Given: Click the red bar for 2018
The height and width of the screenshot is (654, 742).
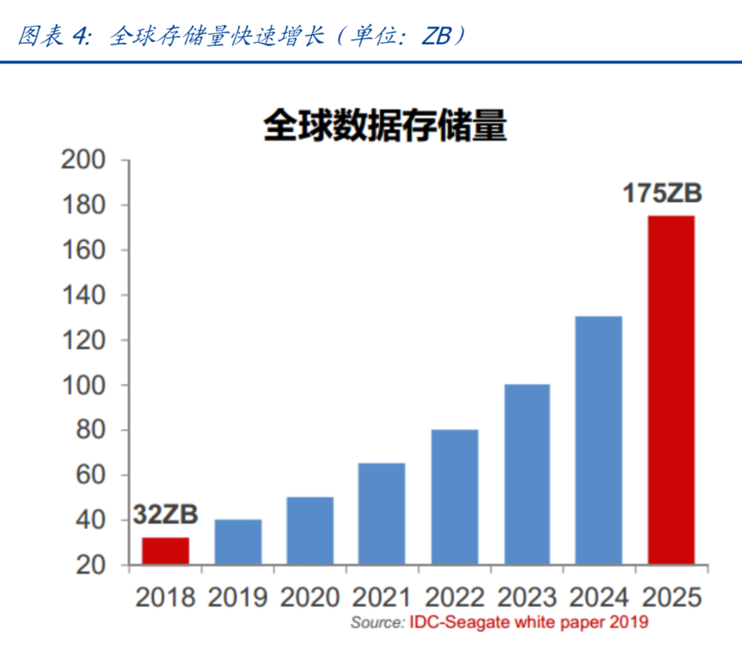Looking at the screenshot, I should [165, 551].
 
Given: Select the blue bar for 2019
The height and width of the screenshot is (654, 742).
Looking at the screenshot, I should [238, 542].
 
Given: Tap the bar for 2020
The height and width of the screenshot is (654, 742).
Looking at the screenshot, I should [310, 531].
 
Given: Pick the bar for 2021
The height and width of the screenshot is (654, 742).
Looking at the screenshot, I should [382, 514].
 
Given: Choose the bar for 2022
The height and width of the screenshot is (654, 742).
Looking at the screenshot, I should [455, 497].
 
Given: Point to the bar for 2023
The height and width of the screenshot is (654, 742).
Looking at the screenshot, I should [527, 474].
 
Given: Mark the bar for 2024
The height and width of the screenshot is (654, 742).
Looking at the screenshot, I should [599, 441].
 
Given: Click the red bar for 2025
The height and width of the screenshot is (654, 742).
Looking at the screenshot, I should [671, 390].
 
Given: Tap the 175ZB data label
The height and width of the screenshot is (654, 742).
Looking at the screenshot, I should [662, 193].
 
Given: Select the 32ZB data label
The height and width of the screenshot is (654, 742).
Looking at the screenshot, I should [166, 515].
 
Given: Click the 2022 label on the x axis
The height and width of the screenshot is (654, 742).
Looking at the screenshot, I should [455, 598].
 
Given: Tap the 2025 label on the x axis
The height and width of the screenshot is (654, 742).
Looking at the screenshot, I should [671, 598].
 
